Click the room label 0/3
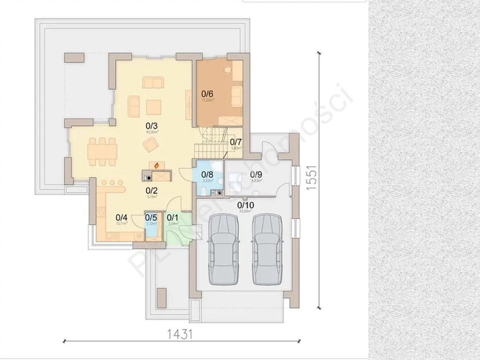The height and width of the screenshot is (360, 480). [151, 126]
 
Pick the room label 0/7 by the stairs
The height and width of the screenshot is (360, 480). [236, 142]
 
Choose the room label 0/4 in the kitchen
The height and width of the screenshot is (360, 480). [121, 217]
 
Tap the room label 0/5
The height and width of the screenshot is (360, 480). [151, 217]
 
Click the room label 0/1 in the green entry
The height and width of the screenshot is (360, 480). [172, 217]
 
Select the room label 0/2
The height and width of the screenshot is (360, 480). [151, 190]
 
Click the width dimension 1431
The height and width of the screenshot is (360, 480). [180, 334]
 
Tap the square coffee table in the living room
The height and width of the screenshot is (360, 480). [154, 108]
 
